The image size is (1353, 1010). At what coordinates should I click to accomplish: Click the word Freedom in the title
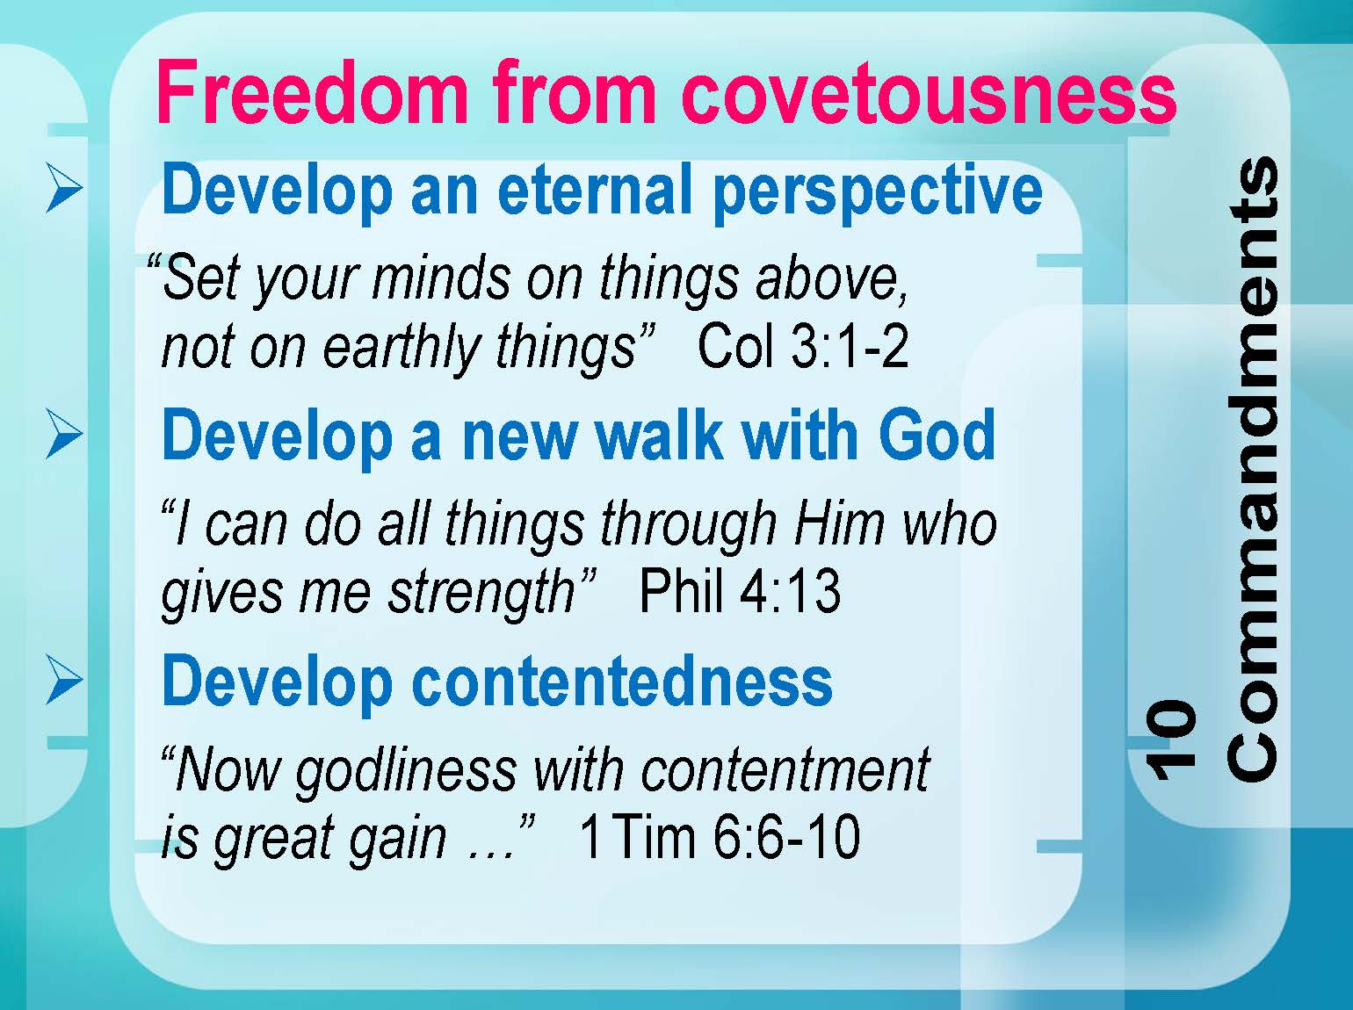[x=312, y=92]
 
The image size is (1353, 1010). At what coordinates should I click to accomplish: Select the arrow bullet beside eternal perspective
[x=65, y=188]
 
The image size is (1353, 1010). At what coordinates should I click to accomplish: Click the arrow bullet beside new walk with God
[x=65, y=435]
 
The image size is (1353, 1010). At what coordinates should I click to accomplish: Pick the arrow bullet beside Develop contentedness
[x=65, y=680]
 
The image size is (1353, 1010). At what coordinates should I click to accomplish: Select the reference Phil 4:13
[x=741, y=591]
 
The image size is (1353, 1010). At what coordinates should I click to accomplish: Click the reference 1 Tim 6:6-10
[x=720, y=836]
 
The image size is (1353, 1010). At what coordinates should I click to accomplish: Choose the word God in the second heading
[x=937, y=435]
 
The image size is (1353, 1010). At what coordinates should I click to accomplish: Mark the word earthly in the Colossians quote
[x=402, y=349]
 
